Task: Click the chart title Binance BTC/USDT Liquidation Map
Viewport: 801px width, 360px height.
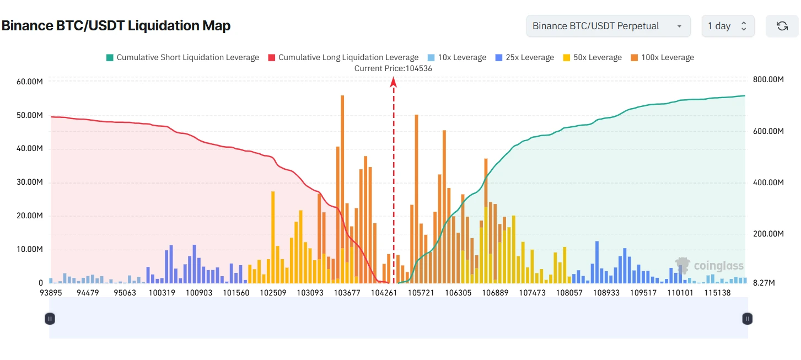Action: [116, 25]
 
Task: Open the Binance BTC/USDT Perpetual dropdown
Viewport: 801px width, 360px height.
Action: [608, 26]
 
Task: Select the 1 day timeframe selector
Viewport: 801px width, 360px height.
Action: [727, 26]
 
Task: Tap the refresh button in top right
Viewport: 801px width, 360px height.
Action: [782, 26]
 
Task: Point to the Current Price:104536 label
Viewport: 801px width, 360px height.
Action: [393, 68]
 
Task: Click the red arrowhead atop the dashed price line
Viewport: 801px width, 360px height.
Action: [394, 82]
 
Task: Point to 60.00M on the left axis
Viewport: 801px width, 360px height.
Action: [30, 82]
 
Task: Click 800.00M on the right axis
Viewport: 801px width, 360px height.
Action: [768, 80]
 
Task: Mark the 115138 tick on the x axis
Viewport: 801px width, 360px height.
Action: [717, 293]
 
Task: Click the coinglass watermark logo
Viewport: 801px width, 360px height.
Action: [709, 266]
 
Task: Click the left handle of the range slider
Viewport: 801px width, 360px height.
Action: [50, 318]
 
